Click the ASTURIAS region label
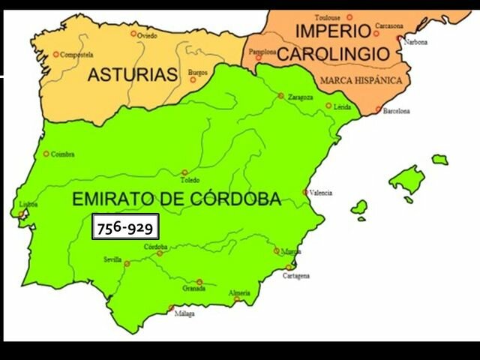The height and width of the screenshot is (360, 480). [x=133, y=75]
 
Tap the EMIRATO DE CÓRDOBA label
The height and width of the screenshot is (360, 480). [x=176, y=199]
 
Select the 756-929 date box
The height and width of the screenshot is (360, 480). [x=125, y=226]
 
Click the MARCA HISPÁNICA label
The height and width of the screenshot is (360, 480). [x=360, y=80]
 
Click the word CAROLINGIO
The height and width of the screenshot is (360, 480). [x=343, y=54]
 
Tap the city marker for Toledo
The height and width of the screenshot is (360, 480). [x=184, y=172]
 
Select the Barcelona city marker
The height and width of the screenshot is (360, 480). [x=379, y=110]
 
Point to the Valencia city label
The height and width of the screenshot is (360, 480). [x=321, y=192]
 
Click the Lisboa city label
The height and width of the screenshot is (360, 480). [x=29, y=204]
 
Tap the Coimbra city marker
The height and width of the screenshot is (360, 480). [x=46, y=154]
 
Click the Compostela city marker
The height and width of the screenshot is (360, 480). [x=55, y=54]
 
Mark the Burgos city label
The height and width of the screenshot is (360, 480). [x=198, y=72]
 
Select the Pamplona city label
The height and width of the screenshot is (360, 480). [x=263, y=52]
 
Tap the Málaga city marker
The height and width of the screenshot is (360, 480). [x=171, y=307]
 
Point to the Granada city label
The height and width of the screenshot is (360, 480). [x=193, y=288]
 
